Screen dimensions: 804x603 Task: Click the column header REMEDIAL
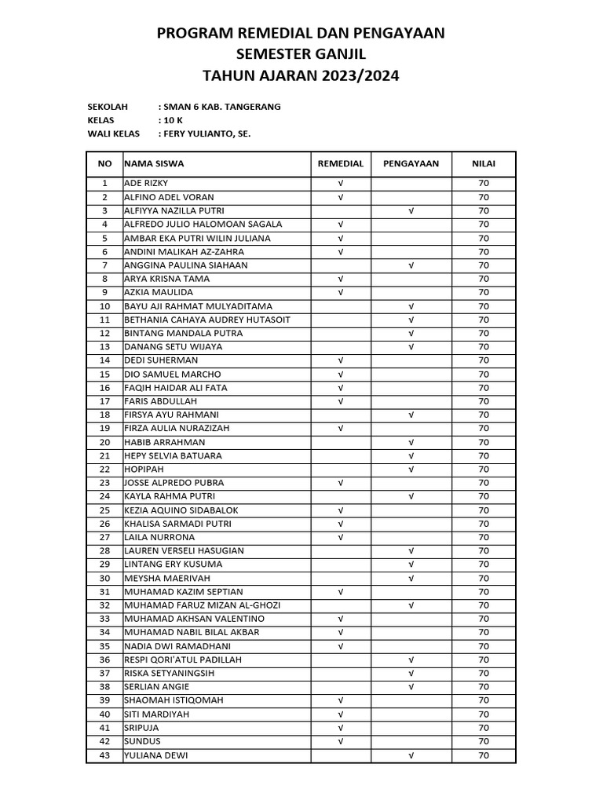coord(340,164)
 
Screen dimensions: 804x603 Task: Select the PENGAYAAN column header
coord(411,164)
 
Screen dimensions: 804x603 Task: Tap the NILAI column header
coord(483,164)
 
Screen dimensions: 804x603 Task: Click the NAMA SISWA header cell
coord(154,164)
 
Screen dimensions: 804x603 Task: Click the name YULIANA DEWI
coord(155,755)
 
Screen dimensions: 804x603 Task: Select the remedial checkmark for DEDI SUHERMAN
coord(341,360)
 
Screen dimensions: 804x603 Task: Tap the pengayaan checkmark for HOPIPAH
coord(411,470)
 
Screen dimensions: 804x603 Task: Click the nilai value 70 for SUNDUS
coord(484,741)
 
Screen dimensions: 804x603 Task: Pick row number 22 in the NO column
coord(104,470)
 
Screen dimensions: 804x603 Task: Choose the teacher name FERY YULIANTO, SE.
coord(206,134)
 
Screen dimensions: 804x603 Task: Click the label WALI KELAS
coord(113,134)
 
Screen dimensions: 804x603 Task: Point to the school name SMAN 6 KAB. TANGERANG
coord(221,107)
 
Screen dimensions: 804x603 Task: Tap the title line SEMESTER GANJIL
coord(301,54)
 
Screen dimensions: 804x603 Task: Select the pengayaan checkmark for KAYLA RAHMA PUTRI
coord(411,496)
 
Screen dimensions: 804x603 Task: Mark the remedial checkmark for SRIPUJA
coord(341,728)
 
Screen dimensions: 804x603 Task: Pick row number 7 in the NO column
coord(104,265)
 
